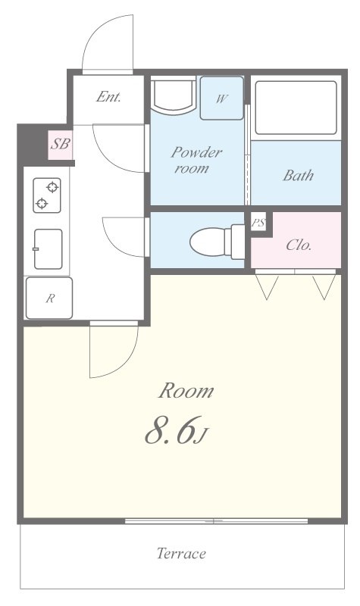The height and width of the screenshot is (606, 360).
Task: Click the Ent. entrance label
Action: coord(108,97)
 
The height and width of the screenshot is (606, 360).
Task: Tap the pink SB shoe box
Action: coord(61,145)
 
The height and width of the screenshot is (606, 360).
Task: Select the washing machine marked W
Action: coord(221,98)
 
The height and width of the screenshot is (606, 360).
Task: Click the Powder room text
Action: coord(196,160)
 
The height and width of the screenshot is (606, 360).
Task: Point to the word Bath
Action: coord(298,176)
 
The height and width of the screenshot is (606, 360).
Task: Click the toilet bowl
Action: coord(217,242)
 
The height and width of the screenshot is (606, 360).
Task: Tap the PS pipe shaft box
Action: coord(258,222)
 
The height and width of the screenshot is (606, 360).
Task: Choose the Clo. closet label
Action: coord(299,245)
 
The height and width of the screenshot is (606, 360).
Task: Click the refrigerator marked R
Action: coord(49,298)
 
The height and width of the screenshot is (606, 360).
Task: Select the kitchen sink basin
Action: coord(48,249)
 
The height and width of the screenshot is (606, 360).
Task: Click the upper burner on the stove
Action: coord(52,187)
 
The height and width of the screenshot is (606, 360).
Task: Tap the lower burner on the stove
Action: coord(42,203)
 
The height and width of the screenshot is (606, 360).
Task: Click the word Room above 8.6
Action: coord(186,391)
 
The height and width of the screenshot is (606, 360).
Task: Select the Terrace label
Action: coord(181,554)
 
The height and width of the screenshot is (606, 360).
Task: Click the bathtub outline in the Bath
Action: coord(296,108)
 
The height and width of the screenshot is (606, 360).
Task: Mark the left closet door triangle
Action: coord(267,287)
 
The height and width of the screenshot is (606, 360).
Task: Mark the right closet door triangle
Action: coord(324,287)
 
